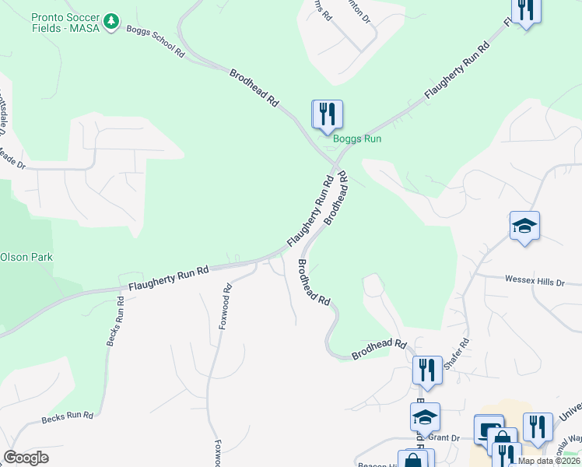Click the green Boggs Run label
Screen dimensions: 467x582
coord(357,139)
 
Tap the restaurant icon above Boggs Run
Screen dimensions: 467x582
coord(327,114)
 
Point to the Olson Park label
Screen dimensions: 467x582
coord(26,257)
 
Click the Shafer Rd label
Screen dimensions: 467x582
coord(458,353)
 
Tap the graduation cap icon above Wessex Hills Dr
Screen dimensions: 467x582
coord(524,226)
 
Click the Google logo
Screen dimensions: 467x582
coord(26,458)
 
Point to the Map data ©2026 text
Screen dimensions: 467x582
coord(548,461)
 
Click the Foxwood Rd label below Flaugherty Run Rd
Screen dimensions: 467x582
coord(226,306)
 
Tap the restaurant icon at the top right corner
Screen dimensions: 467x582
coord(526,10)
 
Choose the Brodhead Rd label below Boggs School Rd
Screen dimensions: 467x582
coord(254,87)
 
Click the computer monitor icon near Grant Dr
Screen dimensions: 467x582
coord(489,430)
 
